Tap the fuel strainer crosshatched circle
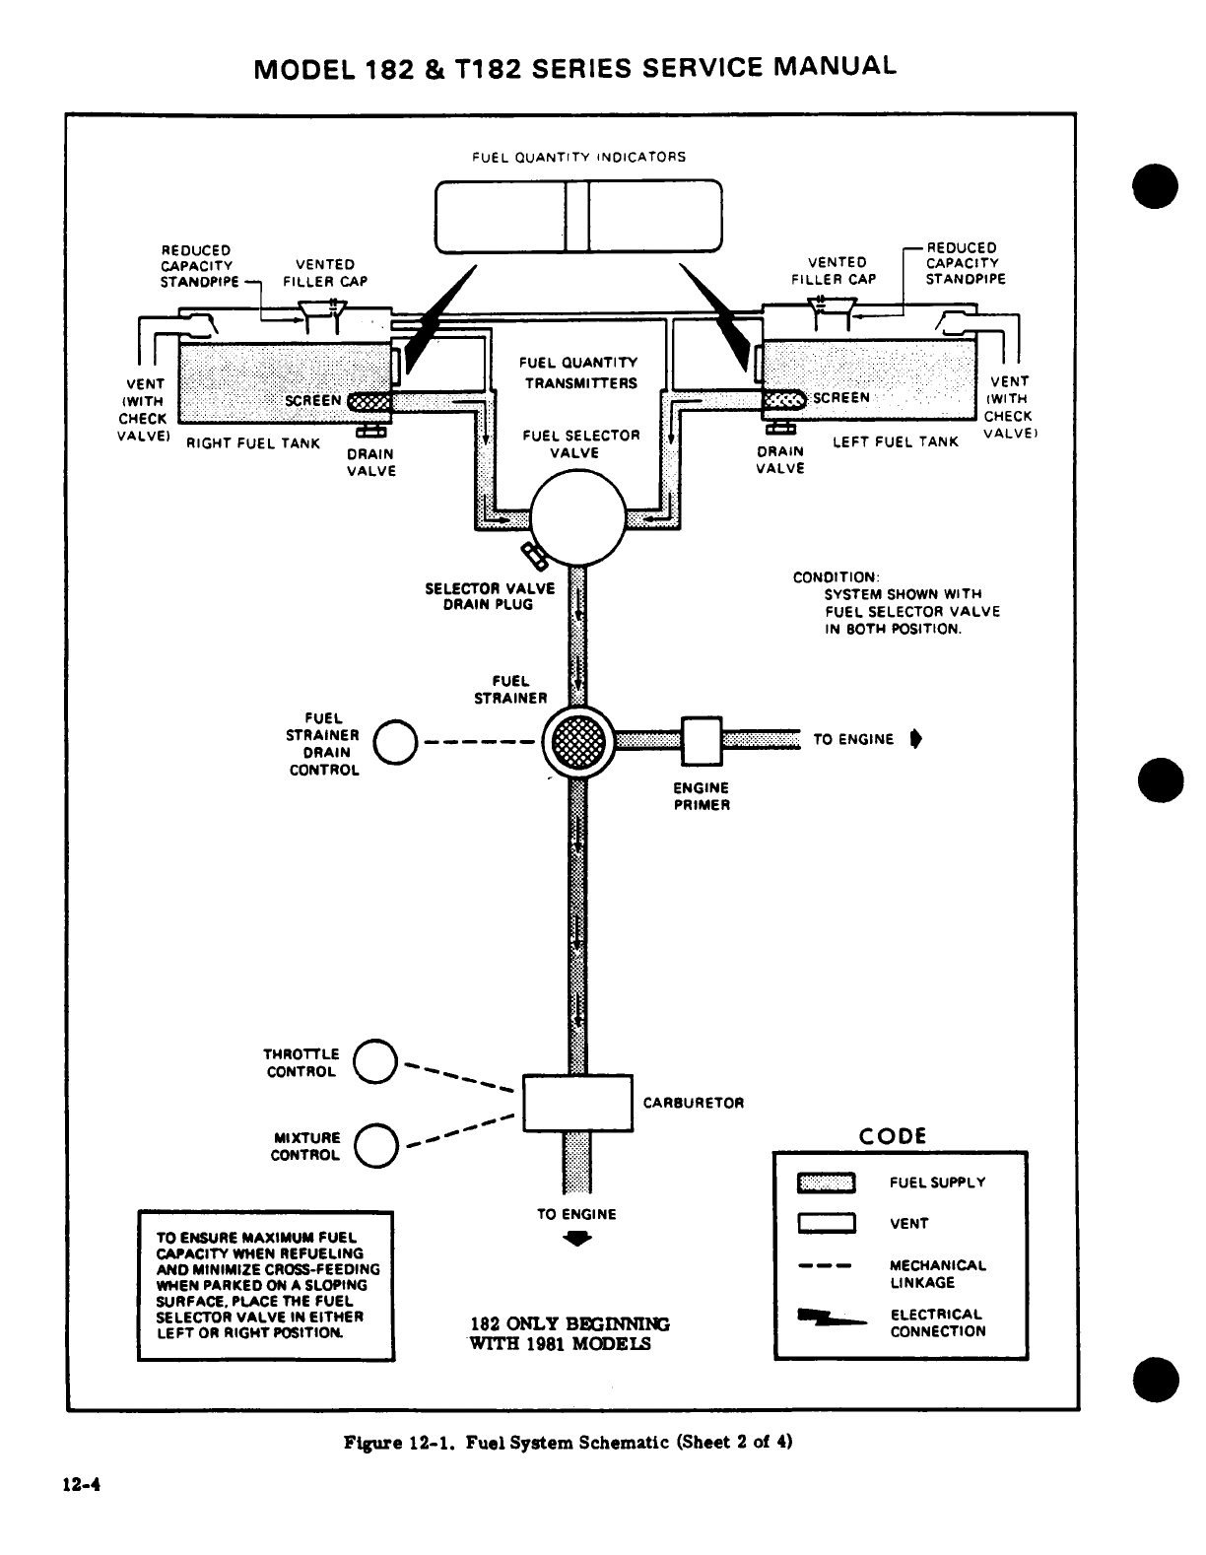pyautogui.click(x=578, y=741)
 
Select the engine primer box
pyautogui.click(x=702, y=740)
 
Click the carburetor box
pyautogui.click(x=577, y=1104)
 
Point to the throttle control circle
pyautogui.click(x=375, y=1061)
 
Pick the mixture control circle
pyautogui.click(x=375, y=1145)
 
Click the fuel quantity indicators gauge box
pyautogui.click(x=578, y=216)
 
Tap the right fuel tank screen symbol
pyautogui.click(x=370, y=401)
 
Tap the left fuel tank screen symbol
pyautogui.click(x=786, y=398)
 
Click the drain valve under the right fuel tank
pyautogui.click(x=372, y=430)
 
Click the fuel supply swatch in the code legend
pyautogui.click(x=826, y=1183)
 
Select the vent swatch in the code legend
pyautogui.click(x=826, y=1224)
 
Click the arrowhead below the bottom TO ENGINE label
pyautogui.click(x=576, y=1241)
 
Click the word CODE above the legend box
pyautogui.click(x=893, y=1136)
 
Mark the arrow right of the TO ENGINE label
pyautogui.click(x=915, y=739)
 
